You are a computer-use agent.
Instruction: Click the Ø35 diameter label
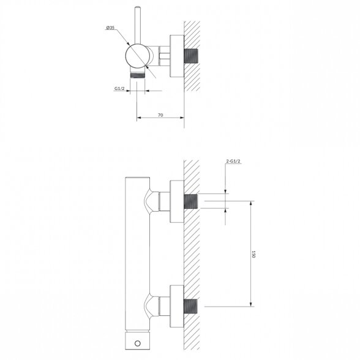[x=110, y=28]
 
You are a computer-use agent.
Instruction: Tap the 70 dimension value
[x=160, y=115]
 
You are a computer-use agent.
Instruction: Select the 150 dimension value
[x=253, y=254]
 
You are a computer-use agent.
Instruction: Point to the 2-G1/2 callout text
[x=233, y=161]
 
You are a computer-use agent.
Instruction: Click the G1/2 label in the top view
[x=119, y=88]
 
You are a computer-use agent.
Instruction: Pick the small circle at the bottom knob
[x=138, y=343]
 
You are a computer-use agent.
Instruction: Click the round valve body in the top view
[x=137, y=56]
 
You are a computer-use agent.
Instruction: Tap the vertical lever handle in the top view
[x=138, y=25]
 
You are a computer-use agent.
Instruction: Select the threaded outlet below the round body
[x=138, y=75]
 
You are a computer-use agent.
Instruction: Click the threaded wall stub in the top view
[x=191, y=56]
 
